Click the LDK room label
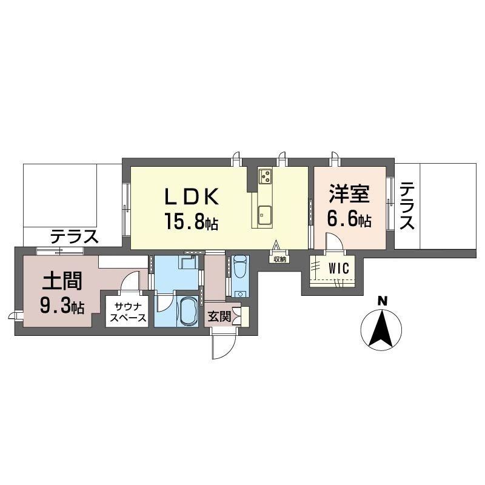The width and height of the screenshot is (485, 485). [x=192, y=196]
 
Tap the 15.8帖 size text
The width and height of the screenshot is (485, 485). [x=192, y=221]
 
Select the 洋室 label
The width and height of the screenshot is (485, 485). [x=349, y=193]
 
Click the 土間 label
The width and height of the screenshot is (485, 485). [x=62, y=281]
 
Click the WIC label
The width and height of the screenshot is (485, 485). [x=339, y=268]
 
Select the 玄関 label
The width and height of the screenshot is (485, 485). [x=219, y=316]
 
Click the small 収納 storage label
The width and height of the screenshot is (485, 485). [x=279, y=259]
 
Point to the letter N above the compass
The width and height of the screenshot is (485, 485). [x=383, y=301]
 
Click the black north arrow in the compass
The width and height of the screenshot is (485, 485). [x=382, y=329]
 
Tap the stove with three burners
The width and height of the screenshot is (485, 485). [x=265, y=176]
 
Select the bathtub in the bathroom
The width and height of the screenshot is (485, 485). [x=187, y=311]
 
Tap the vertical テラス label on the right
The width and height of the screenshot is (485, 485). [x=407, y=206]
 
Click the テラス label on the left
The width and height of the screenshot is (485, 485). [x=74, y=236]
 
